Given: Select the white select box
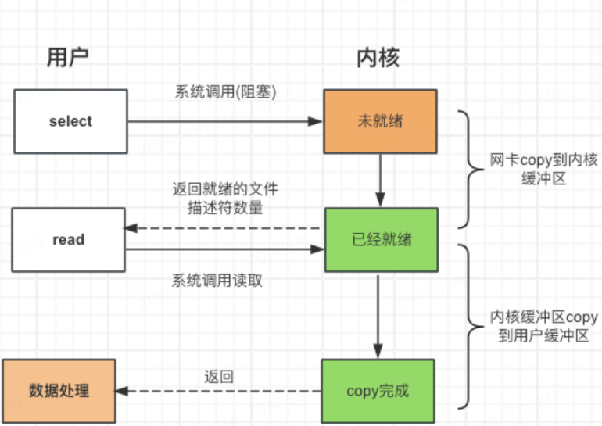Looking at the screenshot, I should coord(70,121).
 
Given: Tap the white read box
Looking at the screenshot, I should coord(68,239).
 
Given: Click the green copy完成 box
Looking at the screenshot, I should coord(378,390).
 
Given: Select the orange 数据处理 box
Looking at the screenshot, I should coord(59,390).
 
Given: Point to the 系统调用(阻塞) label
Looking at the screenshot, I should coord(225,91).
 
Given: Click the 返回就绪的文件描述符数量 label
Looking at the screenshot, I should coord(224,199).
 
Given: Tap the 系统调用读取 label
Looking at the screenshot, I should coord(217,281).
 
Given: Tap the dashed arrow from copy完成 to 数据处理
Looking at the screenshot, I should coord(218,390).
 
